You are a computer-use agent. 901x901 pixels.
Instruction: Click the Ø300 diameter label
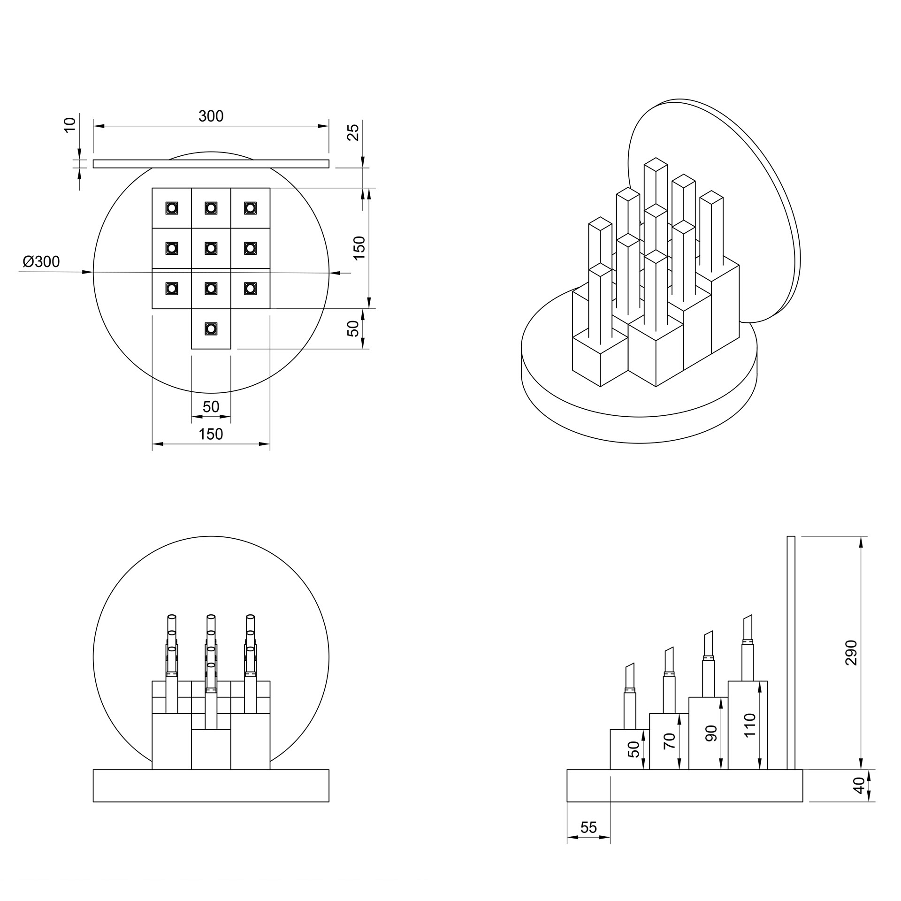pyautogui.click(x=41, y=261)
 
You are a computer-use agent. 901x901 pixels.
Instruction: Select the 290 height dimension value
pyautogui.click(x=851, y=652)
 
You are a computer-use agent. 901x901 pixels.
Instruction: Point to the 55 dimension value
pyautogui.click(x=588, y=827)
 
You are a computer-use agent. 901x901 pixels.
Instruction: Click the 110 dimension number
pyautogui.click(x=750, y=725)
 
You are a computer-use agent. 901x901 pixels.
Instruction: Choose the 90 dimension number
pyautogui.click(x=711, y=733)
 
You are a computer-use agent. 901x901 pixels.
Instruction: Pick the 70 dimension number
pyautogui.click(x=670, y=740)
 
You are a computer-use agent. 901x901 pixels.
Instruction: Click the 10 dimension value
pyautogui.click(x=69, y=125)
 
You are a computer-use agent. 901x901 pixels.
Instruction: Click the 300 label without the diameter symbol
pyautogui.click(x=211, y=116)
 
